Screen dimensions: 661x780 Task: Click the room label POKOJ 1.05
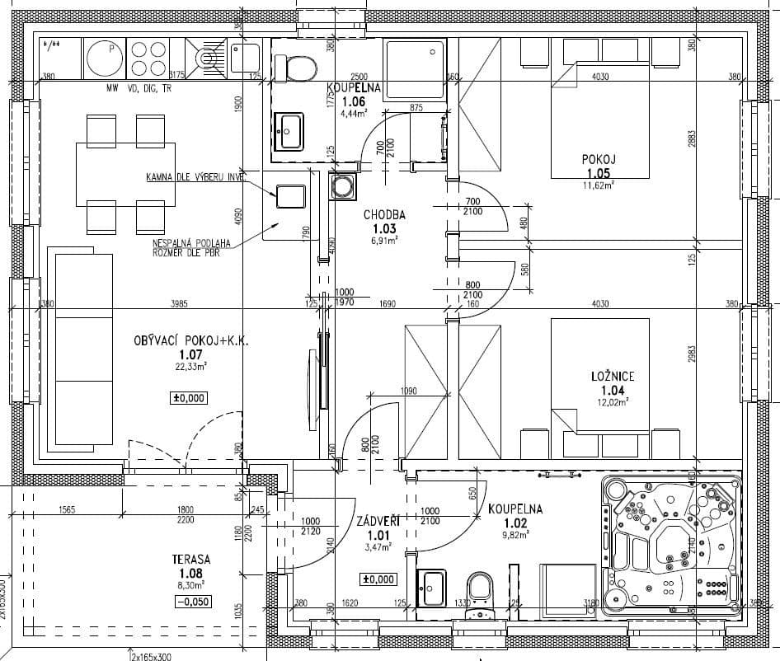pyautogui.click(x=599, y=166)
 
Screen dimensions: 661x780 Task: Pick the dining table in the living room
pyautogui.click(x=125, y=173)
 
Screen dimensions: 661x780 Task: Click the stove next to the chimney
pyautogui.click(x=291, y=196)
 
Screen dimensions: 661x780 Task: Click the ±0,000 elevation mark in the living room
pyautogui.click(x=189, y=398)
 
